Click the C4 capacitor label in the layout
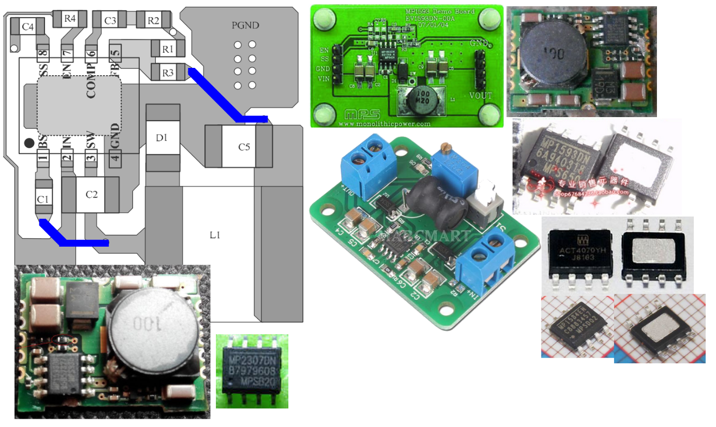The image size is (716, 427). (28, 26)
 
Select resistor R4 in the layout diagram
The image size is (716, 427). (69, 19)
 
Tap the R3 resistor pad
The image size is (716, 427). (167, 73)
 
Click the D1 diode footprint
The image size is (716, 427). (163, 137)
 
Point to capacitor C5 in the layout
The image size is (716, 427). (243, 147)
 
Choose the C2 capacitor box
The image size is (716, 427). (91, 194)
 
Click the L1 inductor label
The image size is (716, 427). (215, 235)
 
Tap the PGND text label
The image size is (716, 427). (245, 25)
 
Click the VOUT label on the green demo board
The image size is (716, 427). (480, 95)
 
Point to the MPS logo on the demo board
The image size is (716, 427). (355, 115)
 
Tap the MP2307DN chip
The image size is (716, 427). (252, 371)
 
